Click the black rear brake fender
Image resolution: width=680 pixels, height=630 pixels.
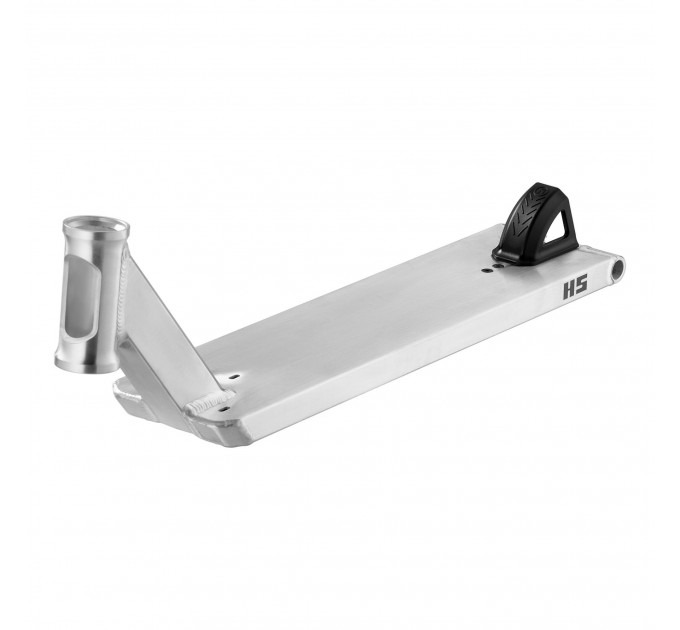pos(536,223)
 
